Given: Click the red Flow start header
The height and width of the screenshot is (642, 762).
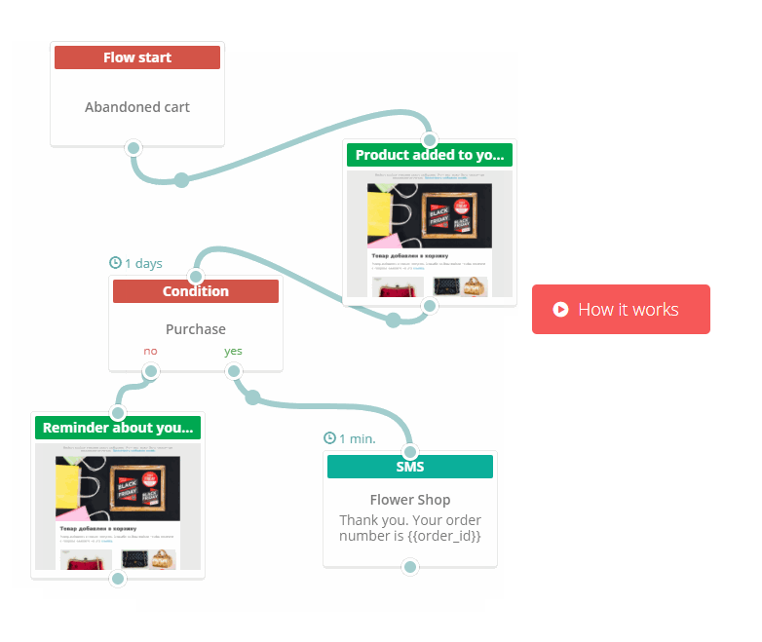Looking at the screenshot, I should pos(137,57).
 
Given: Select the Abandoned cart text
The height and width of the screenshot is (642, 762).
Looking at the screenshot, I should pos(137,107).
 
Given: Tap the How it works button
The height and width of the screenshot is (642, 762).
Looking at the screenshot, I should pos(621,310).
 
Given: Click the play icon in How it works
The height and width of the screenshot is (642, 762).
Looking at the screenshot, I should pos(560,310).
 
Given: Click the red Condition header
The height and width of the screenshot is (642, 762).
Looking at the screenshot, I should pos(196,291).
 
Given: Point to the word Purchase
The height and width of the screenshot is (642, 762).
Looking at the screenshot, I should pos(196,329).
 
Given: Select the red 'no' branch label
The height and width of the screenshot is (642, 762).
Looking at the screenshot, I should pos(150,351).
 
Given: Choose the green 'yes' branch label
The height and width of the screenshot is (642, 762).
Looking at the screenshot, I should pos(233,351).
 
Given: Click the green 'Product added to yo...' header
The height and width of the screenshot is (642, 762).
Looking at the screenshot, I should pos(430,155).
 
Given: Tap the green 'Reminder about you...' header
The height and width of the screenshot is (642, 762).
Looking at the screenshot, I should pos(118,428).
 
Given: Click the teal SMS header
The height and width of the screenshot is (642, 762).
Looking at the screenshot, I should pos(410,467).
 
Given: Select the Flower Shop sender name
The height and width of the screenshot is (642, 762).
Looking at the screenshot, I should pos(410,500).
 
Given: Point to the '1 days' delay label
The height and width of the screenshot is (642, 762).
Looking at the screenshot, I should pos(136,263).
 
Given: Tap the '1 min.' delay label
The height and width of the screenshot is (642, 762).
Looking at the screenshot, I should pos(350,438).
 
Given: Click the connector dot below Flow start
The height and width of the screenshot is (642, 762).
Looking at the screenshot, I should pos(133,148).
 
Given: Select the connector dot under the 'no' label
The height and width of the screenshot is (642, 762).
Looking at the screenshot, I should pos(150,371).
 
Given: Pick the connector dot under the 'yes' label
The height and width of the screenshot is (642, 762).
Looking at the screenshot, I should pos(234,371).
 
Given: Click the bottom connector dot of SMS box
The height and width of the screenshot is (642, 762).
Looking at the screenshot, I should pos(410,567).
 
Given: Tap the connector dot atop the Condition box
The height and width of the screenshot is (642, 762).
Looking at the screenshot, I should pos(196,277).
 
